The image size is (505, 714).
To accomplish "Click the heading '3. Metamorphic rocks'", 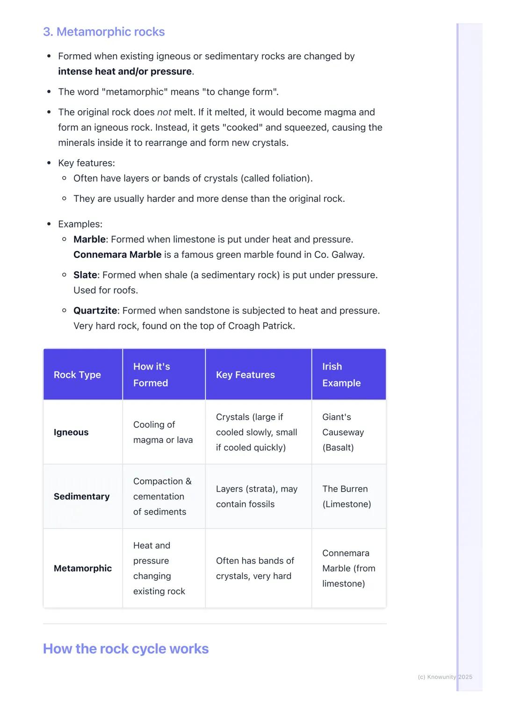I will click(x=104, y=32).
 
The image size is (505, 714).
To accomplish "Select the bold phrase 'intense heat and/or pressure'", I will click(x=125, y=71).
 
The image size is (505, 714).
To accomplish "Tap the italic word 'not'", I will click(x=164, y=112).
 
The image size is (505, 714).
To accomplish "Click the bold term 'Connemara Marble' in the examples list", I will click(x=117, y=255).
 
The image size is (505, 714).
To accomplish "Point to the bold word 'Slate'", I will click(x=85, y=275).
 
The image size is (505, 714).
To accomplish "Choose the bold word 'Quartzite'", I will click(x=95, y=311).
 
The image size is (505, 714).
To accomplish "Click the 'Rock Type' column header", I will click(x=77, y=375).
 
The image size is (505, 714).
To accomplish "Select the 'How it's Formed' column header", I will click(x=151, y=375).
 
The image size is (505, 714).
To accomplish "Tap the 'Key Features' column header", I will click(x=245, y=375).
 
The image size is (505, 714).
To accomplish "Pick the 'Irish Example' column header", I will click(x=341, y=375).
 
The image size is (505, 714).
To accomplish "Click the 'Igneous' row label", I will click(x=71, y=432).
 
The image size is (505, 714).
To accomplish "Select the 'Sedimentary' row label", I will click(x=82, y=496).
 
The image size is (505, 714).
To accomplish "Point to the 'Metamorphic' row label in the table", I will click(x=83, y=568).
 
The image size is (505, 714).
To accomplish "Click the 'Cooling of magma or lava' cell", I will click(x=163, y=432).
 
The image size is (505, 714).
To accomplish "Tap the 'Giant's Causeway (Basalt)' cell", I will click(x=343, y=432).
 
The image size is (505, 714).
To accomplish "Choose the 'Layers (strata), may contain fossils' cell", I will click(x=257, y=496).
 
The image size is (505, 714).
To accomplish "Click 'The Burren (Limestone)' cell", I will click(x=346, y=496).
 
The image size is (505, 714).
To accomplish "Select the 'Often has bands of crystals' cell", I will click(x=255, y=568).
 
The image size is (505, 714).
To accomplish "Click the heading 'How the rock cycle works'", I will click(x=126, y=649).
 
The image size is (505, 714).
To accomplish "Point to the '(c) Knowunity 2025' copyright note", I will click(x=445, y=677).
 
